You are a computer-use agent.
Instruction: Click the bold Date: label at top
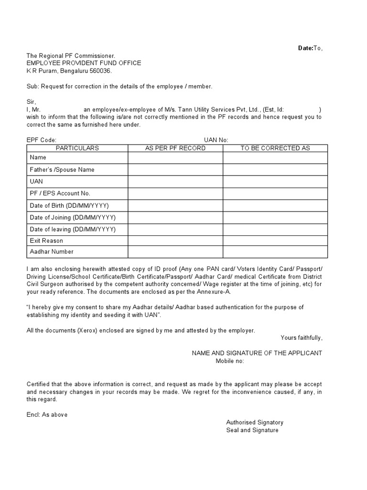point(305,48)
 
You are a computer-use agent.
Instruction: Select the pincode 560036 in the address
point(100,71)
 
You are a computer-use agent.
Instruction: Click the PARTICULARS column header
point(77,148)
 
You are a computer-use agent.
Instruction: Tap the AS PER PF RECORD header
point(175,148)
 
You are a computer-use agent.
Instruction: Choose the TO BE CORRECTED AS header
point(275,148)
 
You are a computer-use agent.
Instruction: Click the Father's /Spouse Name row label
point(62,169)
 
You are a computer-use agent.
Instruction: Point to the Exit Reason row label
point(46,241)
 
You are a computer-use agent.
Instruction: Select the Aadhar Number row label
point(52,252)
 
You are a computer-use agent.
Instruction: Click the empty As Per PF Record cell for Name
point(175,157)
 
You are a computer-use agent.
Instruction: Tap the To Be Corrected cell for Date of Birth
point(275,205)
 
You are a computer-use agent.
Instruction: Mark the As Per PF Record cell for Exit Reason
point(175,241)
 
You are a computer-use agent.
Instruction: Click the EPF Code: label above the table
point(42,140)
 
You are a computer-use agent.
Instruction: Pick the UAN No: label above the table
point(216,140)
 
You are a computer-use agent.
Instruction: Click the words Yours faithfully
point(301,338)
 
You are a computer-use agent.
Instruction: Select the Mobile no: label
point(230,361)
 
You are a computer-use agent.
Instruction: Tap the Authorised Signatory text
point(255,423)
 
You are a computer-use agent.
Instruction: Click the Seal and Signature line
point(252,430)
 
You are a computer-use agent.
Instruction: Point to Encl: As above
point(47,415)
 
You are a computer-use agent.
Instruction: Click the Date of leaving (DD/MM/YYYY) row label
point(73,229)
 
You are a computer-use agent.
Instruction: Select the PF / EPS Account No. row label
point(60,193)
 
